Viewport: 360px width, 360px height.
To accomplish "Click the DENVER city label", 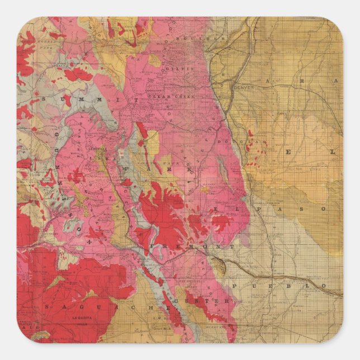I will click(244, 88).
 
